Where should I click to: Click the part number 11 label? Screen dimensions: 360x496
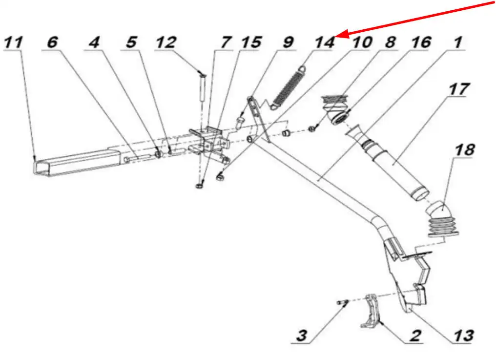[13, 42]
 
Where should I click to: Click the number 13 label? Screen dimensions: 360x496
[463, 336]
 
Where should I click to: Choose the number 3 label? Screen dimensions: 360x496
[302, 336]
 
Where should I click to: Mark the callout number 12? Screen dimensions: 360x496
[165, 42]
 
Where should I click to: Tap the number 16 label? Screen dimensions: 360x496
[420, 42]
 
